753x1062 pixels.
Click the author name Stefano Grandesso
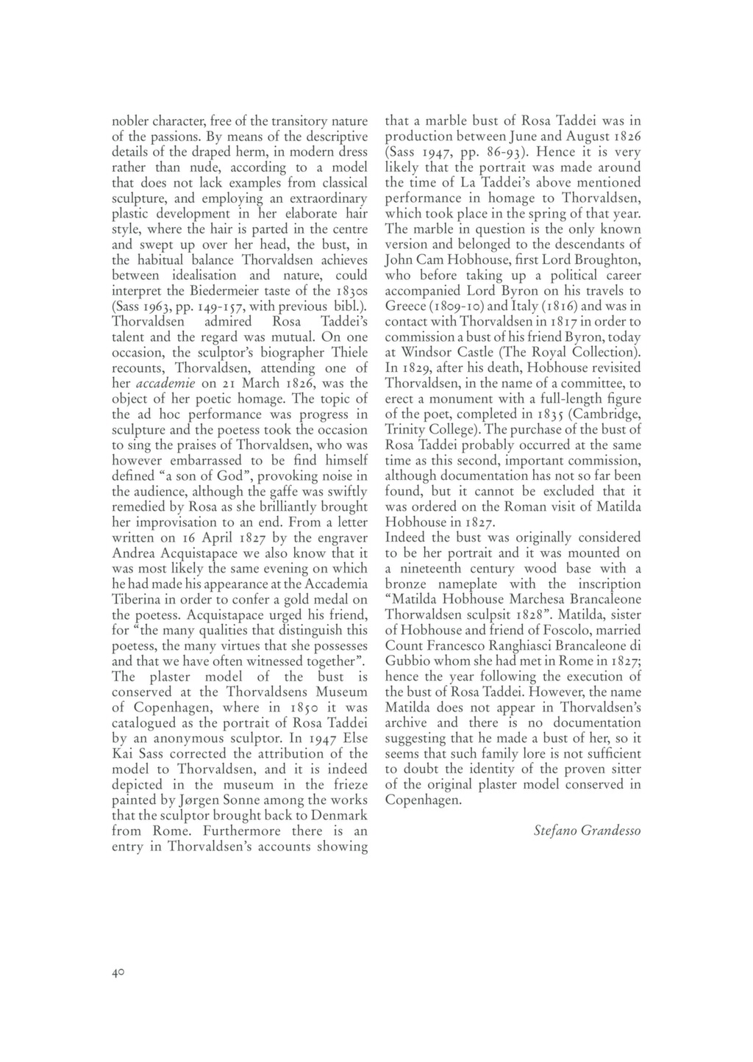coord(587,831)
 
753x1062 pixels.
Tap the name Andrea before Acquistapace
coord(135,553)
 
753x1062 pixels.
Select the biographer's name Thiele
coord(349,353)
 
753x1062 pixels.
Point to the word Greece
coord(407,306)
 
